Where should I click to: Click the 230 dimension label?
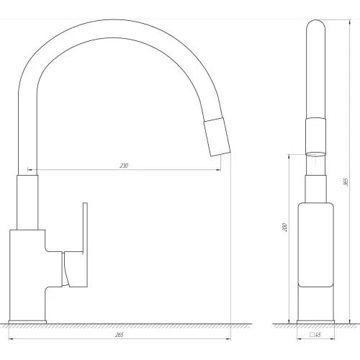click(x=124, y=166)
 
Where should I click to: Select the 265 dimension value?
click(x=120, y=335)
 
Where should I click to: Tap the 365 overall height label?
click(x=346, y=181)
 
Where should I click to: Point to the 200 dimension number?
click(x=284, y=227)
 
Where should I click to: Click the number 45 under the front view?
click(x=318, y=335)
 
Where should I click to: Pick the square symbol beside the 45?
click(x=312, y=334)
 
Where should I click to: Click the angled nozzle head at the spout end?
click(x=217, y=137)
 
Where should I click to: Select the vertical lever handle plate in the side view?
click(x=85, y=245)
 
